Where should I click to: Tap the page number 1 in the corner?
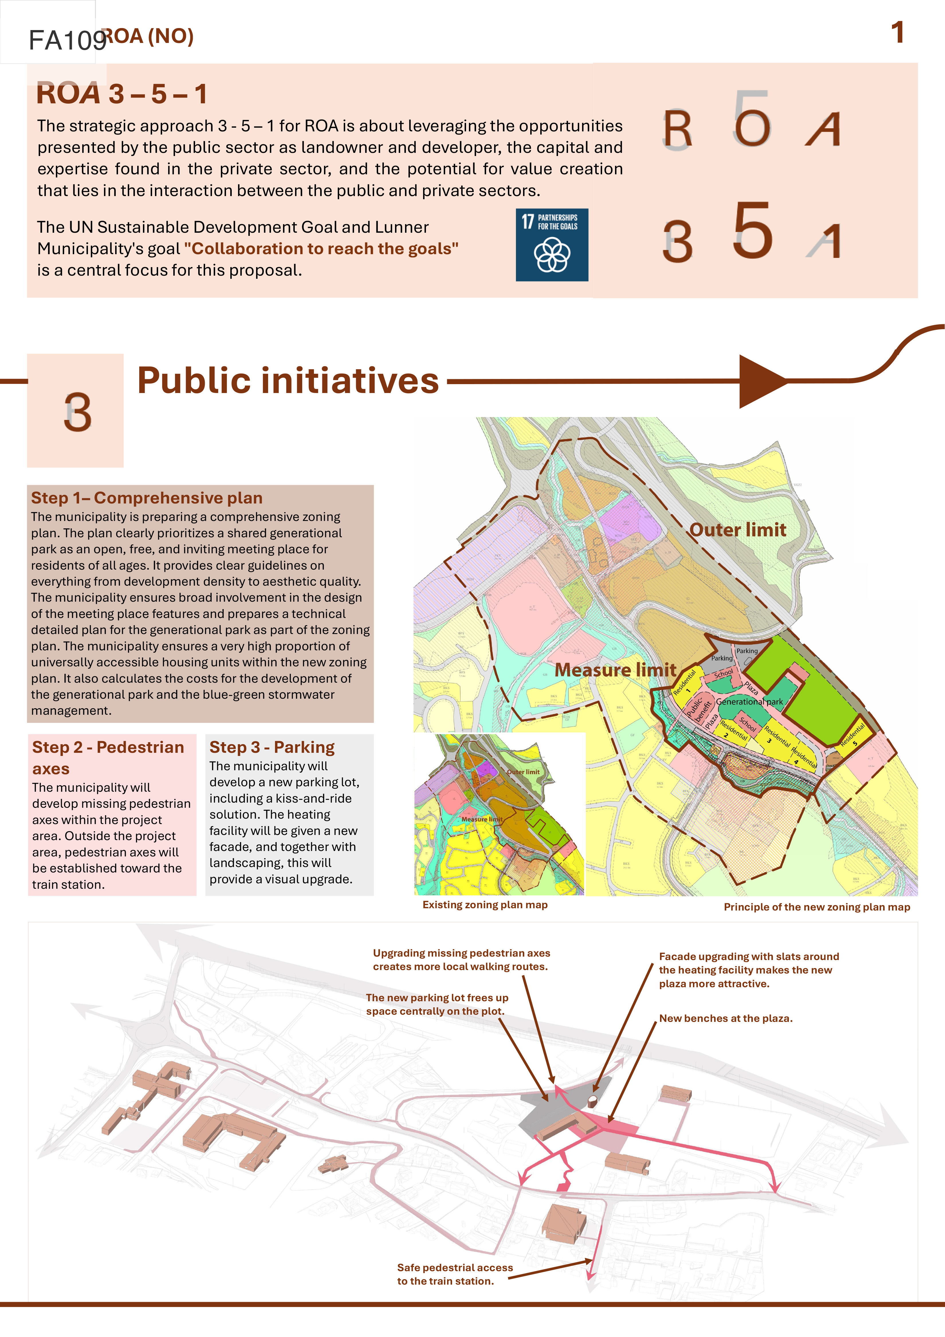897,33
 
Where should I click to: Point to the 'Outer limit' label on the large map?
738,530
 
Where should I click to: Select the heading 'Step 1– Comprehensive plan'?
147,498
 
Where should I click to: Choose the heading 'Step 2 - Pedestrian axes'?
108,758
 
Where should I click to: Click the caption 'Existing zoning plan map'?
485,904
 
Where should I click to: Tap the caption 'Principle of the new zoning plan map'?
816,907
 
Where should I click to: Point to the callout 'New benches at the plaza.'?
725,1018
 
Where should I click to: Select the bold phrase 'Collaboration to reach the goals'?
321,249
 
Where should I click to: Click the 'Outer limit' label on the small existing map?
522,772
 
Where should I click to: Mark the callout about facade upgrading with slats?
749,969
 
